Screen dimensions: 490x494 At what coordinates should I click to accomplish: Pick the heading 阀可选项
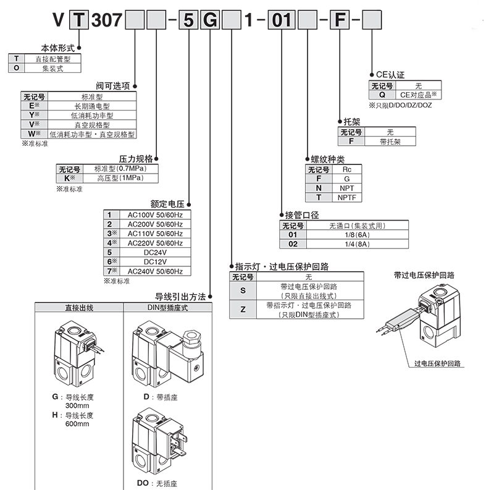(x=114, y=87)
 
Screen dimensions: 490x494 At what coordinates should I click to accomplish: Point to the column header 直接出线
(x=80, y=307)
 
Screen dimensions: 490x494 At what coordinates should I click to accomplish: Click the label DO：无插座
(x=156, y=483)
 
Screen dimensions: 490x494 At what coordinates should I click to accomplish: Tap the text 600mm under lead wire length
(x=77, y=424)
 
